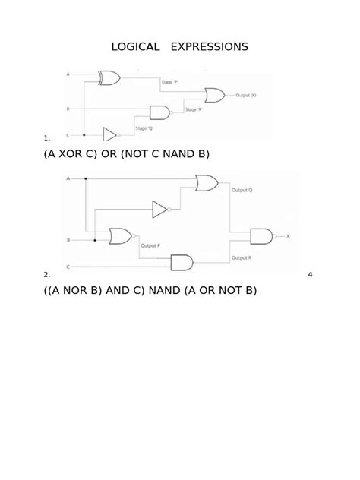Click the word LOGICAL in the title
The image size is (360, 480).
pos(135,46)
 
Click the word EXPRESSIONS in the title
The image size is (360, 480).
pos(210,46)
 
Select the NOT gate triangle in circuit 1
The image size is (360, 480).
pos(110,134)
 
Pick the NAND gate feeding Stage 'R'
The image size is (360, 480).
pos(160,112)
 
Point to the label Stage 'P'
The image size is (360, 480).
pos(170,81)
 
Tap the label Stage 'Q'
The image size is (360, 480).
pos(145,128)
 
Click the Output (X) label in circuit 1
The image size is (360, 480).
pos(246,96)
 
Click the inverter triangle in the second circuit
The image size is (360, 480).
pos(160,208)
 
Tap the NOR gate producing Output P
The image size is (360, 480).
pos(121,236)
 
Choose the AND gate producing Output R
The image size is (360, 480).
pos(182,263)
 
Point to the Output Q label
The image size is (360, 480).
pos(242,191)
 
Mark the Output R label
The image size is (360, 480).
pos(242,258)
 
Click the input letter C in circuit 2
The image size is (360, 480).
pos(68,267)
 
